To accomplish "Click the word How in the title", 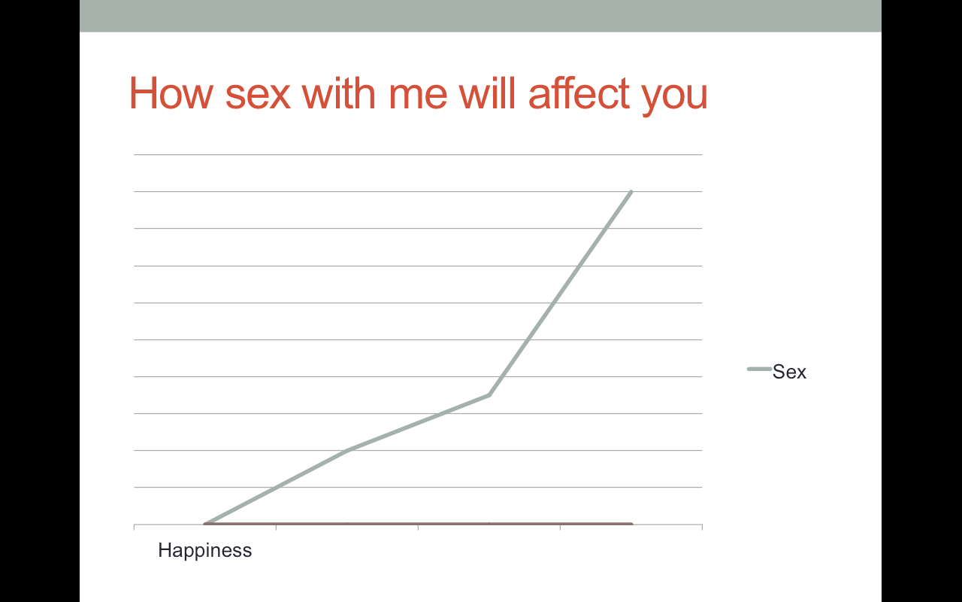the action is [171, 93].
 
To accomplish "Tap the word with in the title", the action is [339, 93].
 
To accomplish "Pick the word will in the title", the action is [487, 93].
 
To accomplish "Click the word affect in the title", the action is [579, 93].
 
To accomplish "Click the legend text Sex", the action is [789, 372].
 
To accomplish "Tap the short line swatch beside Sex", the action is [759, 369].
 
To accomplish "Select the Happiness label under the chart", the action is [205, 550].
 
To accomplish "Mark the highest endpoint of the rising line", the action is [631, 191].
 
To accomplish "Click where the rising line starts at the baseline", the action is [205, 524].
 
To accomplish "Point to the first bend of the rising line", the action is [347, 450].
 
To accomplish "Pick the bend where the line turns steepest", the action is [489, 395].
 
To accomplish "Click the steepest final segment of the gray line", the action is [561, 293].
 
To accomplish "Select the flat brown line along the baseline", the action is [419, 524].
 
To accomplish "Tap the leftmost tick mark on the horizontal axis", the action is [135, 528].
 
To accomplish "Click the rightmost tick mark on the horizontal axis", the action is [702, 528].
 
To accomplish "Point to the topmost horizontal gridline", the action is [419, 154].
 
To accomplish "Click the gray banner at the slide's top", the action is [480, 16].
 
